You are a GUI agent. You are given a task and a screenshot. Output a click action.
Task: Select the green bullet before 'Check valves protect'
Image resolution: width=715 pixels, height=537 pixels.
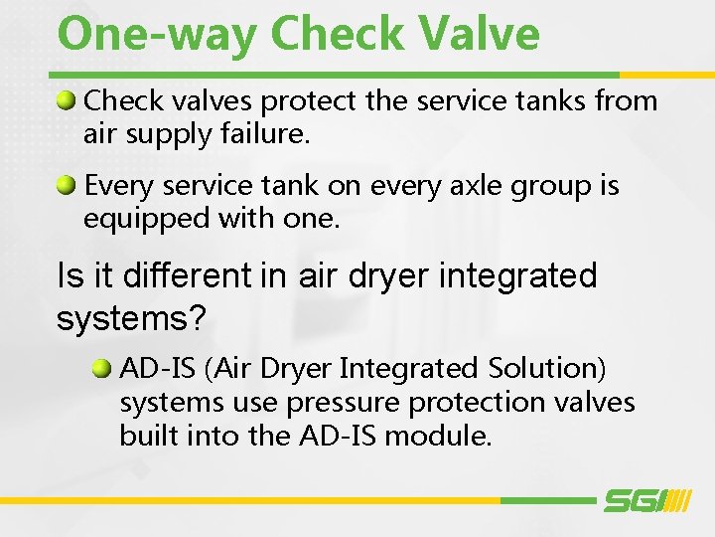coord(67,99)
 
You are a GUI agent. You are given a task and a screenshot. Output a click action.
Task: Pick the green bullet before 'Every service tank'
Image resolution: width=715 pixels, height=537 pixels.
coord(67,184)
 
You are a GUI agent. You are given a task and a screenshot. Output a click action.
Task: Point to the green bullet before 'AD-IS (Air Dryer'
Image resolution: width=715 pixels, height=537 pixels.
coord(102,368)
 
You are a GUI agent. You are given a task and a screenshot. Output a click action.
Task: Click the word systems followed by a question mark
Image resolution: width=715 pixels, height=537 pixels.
coord(129,318)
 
